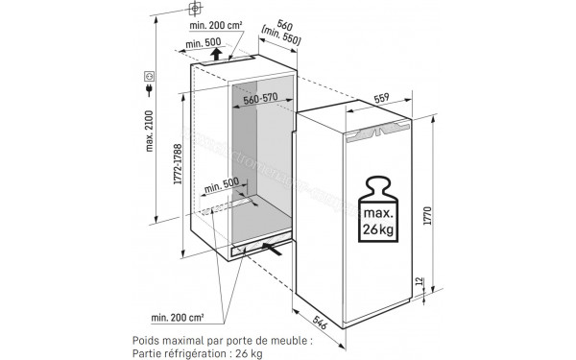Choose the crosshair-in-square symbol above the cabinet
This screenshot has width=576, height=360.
pyautogui.click(x=196, y=9)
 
